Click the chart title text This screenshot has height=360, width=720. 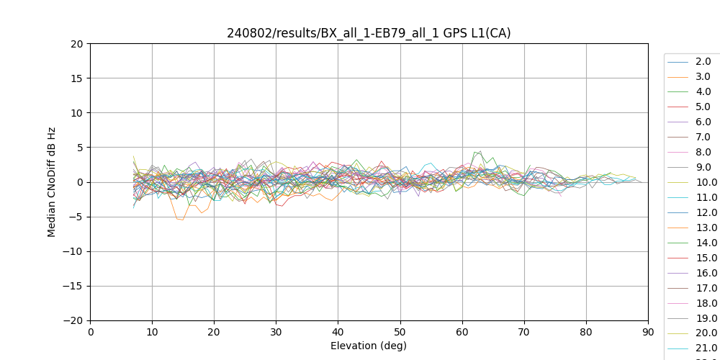pyautogui.click(x=369, y=33)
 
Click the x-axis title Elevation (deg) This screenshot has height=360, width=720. pyautogui.click(x=369, y=346)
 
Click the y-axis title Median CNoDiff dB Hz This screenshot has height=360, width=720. pyautogui.click(x=52, y=182)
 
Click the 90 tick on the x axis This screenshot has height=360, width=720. pyautogui.click(x=648, y=331)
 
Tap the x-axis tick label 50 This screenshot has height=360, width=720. pyautogui.click(x=400, y=331)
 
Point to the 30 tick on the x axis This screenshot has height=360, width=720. pyautogui.click(x=276, y=331)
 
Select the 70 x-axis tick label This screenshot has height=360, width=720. pyautogui.click(x=524, y=331)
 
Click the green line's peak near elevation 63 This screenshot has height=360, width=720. pyautogui.click(x=480, y=151)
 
